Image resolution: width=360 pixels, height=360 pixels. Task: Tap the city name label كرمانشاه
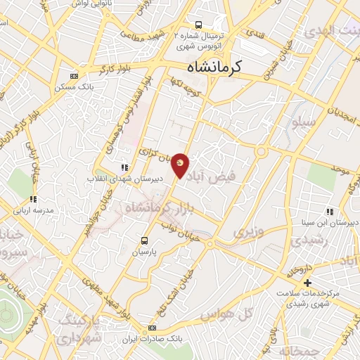click(214, 67)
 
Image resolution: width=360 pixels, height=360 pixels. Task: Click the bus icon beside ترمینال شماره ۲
click(199, 24)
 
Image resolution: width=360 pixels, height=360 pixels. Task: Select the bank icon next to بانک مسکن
click(75, 77)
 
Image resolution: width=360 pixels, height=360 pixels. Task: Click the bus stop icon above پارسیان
click(146, 240)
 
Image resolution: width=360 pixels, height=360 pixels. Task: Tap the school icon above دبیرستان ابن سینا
click(329, 212)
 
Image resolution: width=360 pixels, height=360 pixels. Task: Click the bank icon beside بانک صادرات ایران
click(153, 328)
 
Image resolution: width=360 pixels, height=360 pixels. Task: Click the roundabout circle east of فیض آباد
click(262, 152)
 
